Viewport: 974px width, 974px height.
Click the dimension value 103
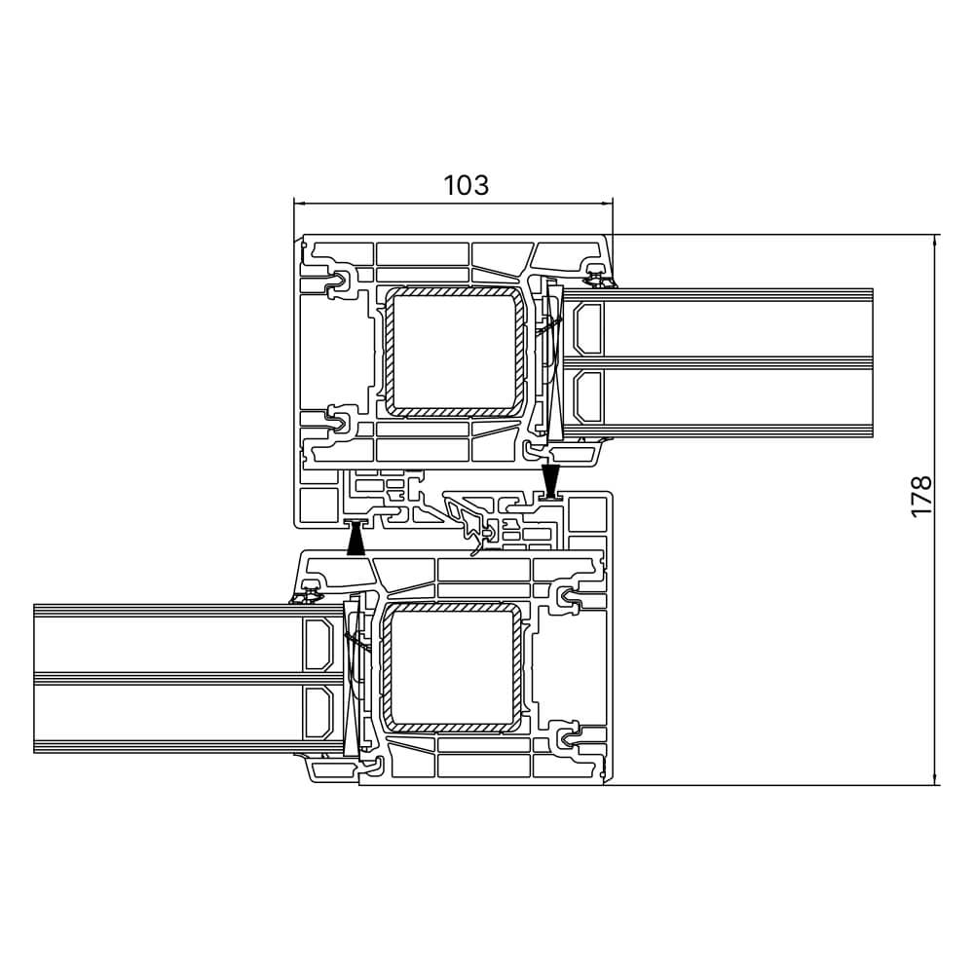point(466,185)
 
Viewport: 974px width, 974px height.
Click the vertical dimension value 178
point(921,496)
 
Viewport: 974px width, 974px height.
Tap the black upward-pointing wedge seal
point(356,538)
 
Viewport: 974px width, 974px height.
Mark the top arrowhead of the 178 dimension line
point(935,242)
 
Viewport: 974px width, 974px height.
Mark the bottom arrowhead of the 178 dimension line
point(935,777)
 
